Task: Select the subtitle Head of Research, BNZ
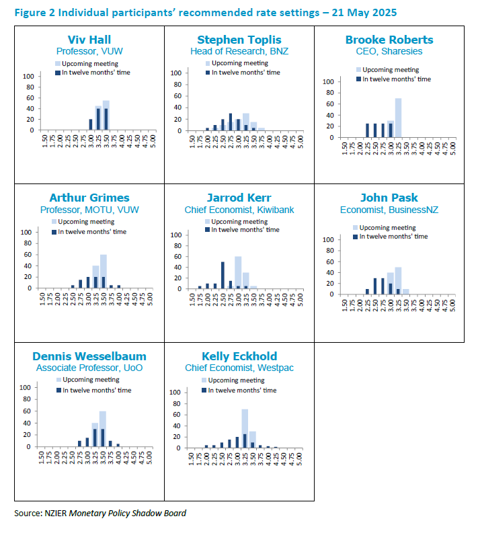tap(239, 50)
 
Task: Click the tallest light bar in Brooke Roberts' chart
tap(398, 118)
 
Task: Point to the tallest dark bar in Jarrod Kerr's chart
tap(223, 275)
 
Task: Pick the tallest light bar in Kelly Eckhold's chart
tap(245, 428)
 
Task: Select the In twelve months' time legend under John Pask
tap(393, 236)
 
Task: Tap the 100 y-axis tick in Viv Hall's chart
tap(30, 75)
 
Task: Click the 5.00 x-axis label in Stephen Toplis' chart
tap(299, 142)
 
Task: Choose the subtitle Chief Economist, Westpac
tap(239, 368)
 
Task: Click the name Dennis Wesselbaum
tap(89, 356)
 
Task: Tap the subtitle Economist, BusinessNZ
tap(390, 210)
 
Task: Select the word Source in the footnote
tap(27, 513)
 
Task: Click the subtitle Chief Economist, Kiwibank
tap(239, 210)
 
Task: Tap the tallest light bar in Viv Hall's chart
tap(106, 115)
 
